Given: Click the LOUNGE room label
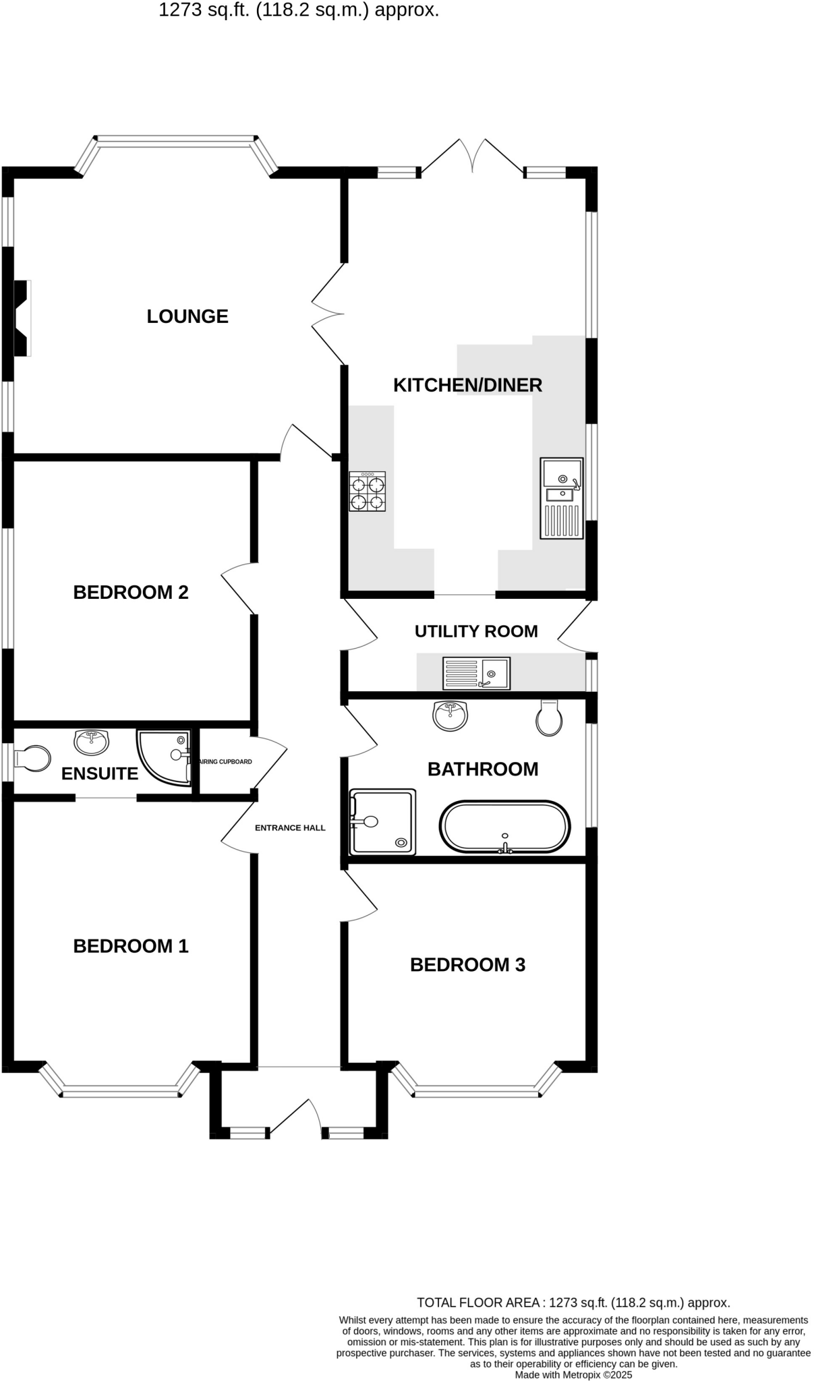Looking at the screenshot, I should tap(187, 316).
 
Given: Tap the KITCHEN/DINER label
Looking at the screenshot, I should tap(467, 385).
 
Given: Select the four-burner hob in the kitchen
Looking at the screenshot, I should tap(367, 492).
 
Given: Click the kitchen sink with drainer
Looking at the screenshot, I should tap(562, 498).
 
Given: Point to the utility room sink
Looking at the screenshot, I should tap(476, 673).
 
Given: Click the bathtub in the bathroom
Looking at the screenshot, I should tap(505, 827).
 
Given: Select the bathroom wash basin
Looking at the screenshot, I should tap(450, 715).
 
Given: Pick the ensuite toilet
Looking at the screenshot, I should tap(33, 759).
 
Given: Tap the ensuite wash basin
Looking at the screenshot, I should tap(91, 742).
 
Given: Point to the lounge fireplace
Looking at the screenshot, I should tap(22, 318).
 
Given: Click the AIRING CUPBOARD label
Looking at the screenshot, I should tap(225, 762).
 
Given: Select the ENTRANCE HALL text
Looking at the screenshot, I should tap(290, 828).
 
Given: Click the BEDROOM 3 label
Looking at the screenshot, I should tap(467, 965).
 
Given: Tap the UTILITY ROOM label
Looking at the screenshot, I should tap(476, 632).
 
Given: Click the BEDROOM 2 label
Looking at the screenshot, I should tap(131, 593).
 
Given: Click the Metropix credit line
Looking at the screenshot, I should tap(573, 1374).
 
